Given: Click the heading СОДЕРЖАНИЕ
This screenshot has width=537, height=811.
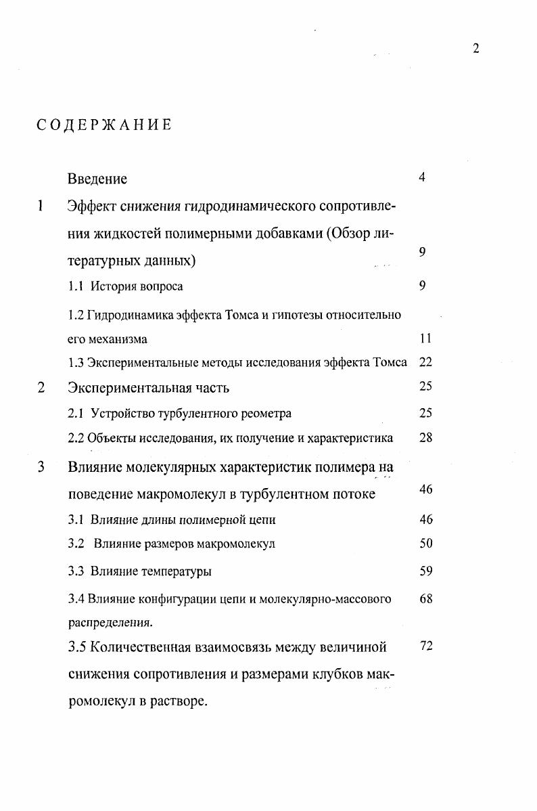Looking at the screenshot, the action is point(104,125).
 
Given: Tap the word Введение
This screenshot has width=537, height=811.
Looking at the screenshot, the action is point(97,179).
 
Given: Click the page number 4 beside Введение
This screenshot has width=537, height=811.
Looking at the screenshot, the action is point(422,178).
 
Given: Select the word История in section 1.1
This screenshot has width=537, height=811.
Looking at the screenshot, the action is point(115,286).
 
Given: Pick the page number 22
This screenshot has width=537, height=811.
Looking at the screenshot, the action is point(425,362).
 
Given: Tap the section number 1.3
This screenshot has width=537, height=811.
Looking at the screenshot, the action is point(76,363).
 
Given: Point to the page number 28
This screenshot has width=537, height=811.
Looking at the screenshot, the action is point(425,437).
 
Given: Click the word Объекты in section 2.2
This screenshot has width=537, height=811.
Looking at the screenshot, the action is point(110,438).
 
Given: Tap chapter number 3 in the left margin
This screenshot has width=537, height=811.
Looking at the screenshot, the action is point(41,467).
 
